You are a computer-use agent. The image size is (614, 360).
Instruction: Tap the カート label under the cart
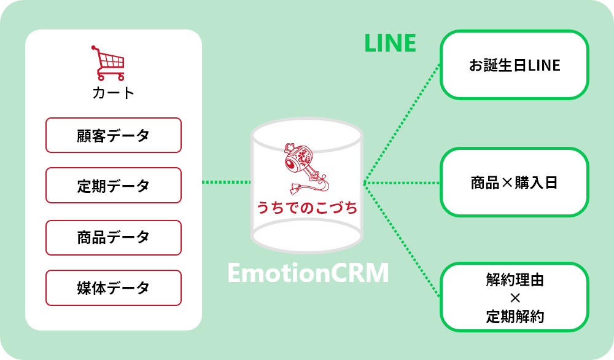(113, 93)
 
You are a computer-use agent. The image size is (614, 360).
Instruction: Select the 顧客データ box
(114, 135)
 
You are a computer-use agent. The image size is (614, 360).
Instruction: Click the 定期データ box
(114, 186)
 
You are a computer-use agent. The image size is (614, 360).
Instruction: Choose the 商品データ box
(114, 237)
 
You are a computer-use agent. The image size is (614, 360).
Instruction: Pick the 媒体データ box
(114, 288)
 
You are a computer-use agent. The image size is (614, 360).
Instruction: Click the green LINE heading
(390, 43)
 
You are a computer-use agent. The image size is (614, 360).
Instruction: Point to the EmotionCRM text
(308, 273)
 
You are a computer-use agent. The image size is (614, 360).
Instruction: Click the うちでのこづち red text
(307, 208)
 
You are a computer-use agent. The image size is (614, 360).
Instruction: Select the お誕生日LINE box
(515, 65)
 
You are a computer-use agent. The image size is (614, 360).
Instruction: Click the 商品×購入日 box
(515, 182)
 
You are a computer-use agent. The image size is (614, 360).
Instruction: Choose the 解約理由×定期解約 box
(515, 297)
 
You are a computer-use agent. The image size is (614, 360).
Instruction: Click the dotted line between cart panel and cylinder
(226, 182)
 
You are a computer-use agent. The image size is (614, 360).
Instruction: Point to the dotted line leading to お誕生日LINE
(402, 123)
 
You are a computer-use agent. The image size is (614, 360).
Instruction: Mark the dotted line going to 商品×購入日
(402, 183)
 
